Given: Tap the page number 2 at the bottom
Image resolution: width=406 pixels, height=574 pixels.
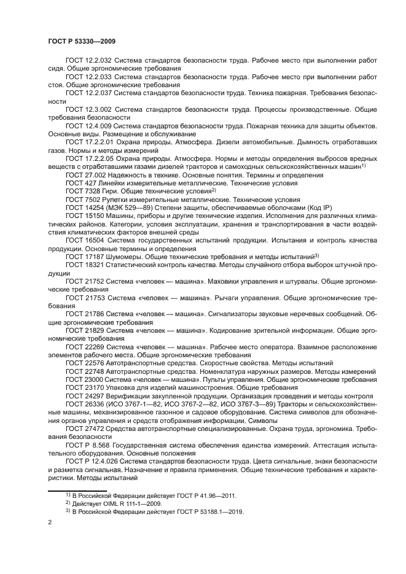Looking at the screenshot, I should point(50,522).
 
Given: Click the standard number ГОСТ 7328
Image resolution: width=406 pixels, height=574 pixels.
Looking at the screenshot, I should point(79,191).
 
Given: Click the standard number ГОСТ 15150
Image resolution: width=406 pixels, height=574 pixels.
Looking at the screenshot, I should point(82,215).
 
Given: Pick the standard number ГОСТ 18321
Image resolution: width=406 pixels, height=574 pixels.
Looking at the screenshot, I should point(82,264).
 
